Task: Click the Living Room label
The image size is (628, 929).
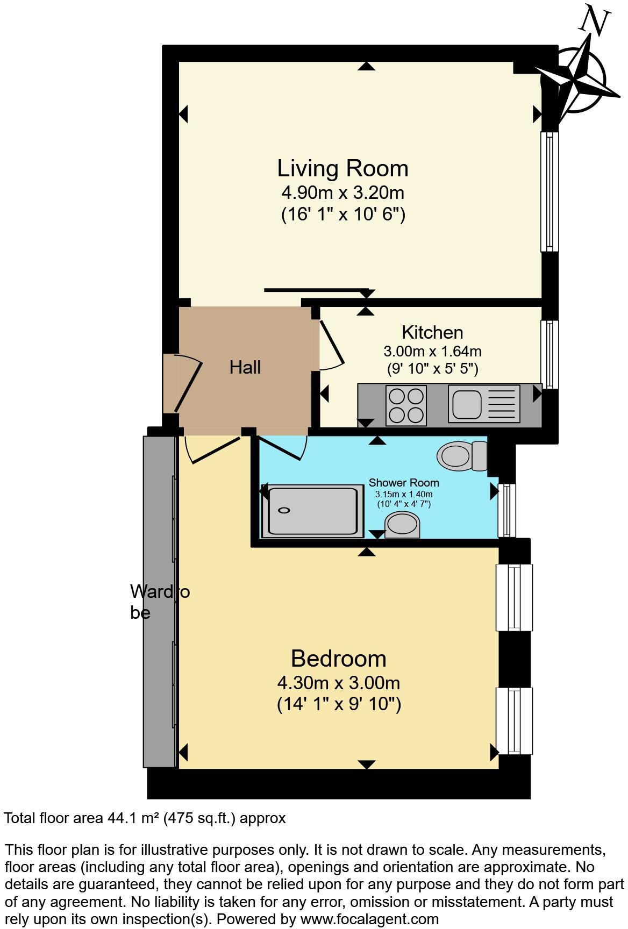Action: click(342, 168)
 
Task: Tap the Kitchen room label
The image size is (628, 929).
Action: click(432, 332)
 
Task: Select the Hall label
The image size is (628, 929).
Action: click(245, 367)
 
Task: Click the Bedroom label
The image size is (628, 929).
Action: click(339, 659)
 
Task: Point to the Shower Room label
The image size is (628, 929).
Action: click(404, 483)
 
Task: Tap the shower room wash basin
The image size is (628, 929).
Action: click(403, 525)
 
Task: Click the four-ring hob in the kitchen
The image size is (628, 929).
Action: click(406, 405)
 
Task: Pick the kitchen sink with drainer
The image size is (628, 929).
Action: click(484, 404)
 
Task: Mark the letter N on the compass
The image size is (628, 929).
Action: click(595, 20)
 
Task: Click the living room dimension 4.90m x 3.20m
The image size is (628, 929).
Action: click(343, 192)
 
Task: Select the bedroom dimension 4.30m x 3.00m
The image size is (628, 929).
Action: click(339, 683)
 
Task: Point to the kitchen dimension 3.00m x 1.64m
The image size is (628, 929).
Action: click(432, 352)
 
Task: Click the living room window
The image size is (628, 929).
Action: click(549, 191)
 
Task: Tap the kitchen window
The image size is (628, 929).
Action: click(549, 354)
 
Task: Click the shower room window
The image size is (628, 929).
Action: click(506, 510)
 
